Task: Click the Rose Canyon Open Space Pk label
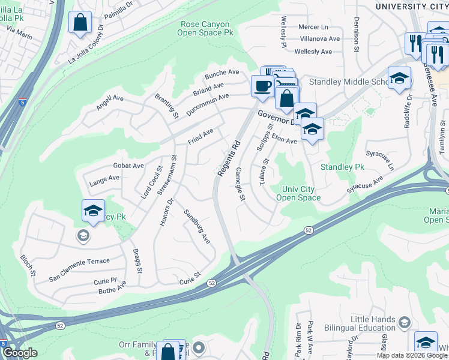tap(205, 28)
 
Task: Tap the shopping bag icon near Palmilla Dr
tap(80, 23)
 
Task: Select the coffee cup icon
tap(262, 86)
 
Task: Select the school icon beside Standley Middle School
tap(399, 79)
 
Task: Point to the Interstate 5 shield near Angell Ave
tap(22, 103)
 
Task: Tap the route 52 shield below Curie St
tap(211, 283)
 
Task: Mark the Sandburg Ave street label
tap(197, 226)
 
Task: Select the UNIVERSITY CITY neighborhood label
tap(411, 6)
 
